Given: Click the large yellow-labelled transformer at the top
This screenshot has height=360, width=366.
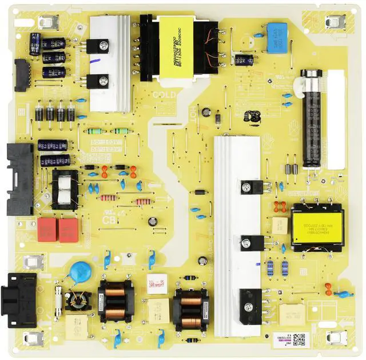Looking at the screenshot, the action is (x=178, y=49).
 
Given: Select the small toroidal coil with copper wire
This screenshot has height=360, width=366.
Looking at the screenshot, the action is (x=77, y=299).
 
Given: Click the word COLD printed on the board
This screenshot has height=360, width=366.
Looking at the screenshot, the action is (x=164, y=96).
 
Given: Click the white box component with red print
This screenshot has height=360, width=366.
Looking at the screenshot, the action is (x=157, y=281).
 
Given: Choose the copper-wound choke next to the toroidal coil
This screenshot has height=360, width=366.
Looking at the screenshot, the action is (x=116, y=301).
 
